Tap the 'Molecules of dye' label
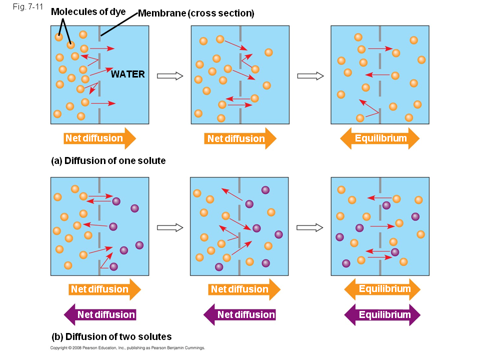tap(88, 11)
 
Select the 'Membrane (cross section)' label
tap(196, 13)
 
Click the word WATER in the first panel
tap(128, 74)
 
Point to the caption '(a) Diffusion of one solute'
tap(108, 161)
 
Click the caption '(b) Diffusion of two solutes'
tap(111, 336)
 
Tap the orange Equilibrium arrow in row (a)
tap(380, 138)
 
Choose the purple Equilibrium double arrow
tap(382, 315)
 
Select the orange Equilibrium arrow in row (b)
tap(382, 289)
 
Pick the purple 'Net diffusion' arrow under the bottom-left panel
tap(100, 315)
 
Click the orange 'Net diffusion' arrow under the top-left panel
tap(100, 138)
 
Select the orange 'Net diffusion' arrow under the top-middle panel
tap(240, 138)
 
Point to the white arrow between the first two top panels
tap(170, 76)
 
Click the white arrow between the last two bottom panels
tap(310, 227)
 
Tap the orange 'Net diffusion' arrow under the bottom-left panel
tap(105, 289)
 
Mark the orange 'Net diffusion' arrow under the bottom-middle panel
tap(244, 289)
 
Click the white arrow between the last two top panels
tap(310, 76)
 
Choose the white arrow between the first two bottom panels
tap(170, 227)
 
